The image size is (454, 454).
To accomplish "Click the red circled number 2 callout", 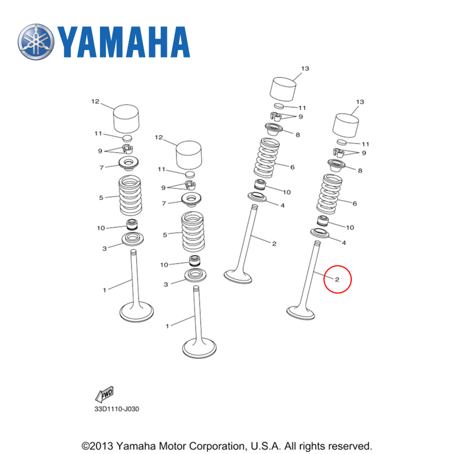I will point(337,279).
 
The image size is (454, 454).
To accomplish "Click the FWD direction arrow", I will point(104,394).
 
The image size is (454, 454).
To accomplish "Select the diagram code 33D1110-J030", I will point(116,409).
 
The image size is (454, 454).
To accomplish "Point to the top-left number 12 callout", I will point(95,102).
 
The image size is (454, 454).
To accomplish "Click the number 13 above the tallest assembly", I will point(305,68).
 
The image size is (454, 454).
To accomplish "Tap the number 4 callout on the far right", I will point(344,243).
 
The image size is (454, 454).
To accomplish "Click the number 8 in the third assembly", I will point(297,135).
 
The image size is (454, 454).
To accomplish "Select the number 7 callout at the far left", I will point(102,168).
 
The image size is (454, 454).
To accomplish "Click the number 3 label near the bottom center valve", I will point(166,284).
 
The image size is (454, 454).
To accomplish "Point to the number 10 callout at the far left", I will point(101,228).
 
